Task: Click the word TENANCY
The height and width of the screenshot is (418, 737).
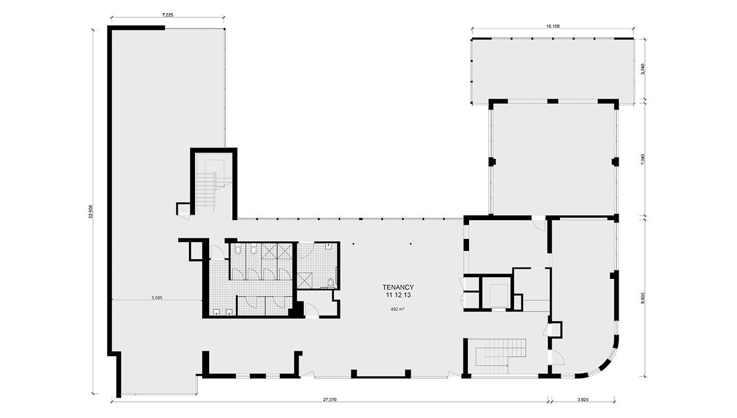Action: (398, 287)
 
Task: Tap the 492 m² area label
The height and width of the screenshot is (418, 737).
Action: (398, 309)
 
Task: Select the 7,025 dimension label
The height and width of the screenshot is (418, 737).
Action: (168, 14)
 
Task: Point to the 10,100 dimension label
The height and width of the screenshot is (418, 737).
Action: (553, 26)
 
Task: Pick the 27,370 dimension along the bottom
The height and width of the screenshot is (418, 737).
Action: (330, 400)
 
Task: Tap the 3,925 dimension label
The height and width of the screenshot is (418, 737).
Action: (582, 400)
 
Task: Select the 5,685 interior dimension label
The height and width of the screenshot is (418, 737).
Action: (157, 297)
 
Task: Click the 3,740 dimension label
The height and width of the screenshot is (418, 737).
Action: (643, 69)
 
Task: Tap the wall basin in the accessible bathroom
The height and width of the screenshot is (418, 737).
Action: (328, 246)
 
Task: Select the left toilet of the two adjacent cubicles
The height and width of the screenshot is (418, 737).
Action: (238, 250)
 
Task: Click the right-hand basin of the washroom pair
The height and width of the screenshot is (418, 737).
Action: (229, 312)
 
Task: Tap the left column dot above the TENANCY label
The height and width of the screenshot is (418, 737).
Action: (353, 244)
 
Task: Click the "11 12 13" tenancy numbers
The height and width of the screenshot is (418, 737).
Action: (398, 295)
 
